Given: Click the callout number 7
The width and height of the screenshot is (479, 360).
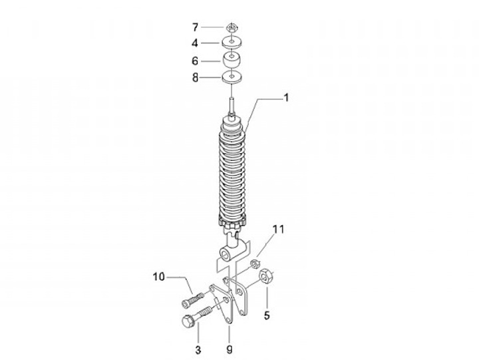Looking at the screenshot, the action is (195, 27).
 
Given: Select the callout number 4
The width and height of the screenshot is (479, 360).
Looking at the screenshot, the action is (195, 43).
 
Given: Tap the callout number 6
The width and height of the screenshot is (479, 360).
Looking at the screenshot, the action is (195, 61).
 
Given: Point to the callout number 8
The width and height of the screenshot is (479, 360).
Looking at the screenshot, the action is (195, 78).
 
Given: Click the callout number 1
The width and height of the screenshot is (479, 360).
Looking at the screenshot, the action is (286, 98).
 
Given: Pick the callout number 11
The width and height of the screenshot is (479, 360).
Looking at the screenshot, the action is (278, 229).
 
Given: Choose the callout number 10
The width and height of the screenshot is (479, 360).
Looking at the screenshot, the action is (158, 277).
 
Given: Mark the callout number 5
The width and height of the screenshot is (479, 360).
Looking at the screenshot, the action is (267, 315).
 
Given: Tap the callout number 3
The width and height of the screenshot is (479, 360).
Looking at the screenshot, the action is (198, 350).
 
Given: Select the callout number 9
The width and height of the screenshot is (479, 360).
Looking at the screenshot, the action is (230, 349).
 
